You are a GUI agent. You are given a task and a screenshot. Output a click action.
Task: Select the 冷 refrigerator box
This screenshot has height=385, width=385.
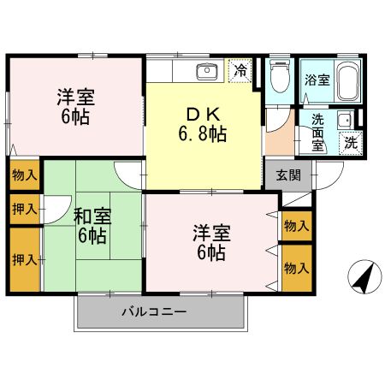pos(240,71)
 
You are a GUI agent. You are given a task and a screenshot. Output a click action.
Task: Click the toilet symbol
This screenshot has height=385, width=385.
pos(279,80)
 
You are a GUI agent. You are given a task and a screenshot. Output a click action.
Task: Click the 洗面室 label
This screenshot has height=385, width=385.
pos(317,133)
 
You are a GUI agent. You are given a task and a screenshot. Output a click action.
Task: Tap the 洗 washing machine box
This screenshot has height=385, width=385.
pos(351,144)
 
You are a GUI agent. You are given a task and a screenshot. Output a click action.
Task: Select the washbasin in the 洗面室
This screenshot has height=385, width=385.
pos(343,121)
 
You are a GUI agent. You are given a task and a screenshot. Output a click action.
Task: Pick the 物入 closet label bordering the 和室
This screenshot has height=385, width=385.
pos(24,175)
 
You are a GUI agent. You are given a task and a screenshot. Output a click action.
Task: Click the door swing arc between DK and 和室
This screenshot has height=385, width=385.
pos(128,176)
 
